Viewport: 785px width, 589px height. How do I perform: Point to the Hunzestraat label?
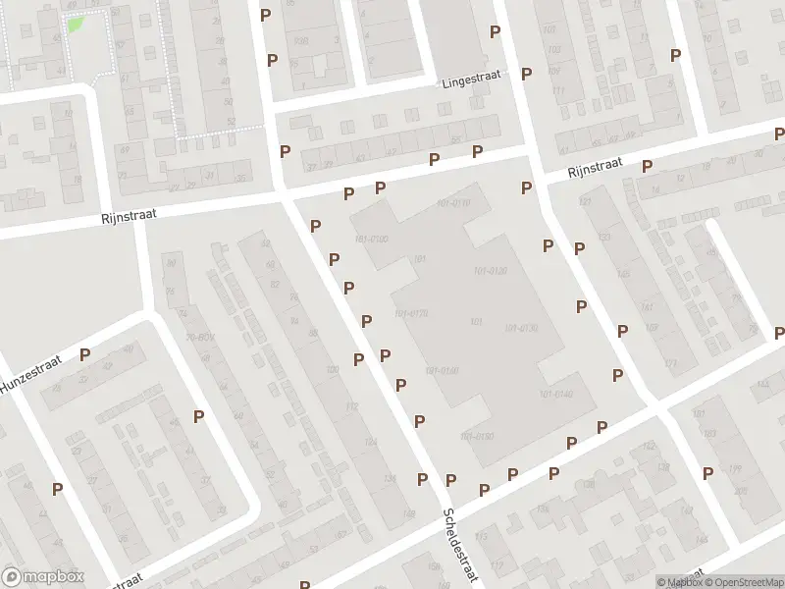coord(30,374)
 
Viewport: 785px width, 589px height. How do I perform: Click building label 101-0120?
coord(490,271)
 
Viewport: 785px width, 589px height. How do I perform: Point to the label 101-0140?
coord(556,394)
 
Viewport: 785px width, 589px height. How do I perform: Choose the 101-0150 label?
coord(477,435)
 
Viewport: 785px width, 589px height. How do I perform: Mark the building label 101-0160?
coord(443,370)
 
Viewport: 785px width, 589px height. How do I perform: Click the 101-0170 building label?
coord(411,313)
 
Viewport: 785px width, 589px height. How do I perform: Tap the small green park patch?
coord(75,23)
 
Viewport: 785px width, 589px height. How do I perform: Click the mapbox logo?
coord(43,577)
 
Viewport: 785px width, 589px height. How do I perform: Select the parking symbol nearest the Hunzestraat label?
coord(85,355)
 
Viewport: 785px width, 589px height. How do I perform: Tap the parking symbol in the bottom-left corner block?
coord(57,488)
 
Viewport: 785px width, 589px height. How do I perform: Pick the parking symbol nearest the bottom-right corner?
coord(707,473)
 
